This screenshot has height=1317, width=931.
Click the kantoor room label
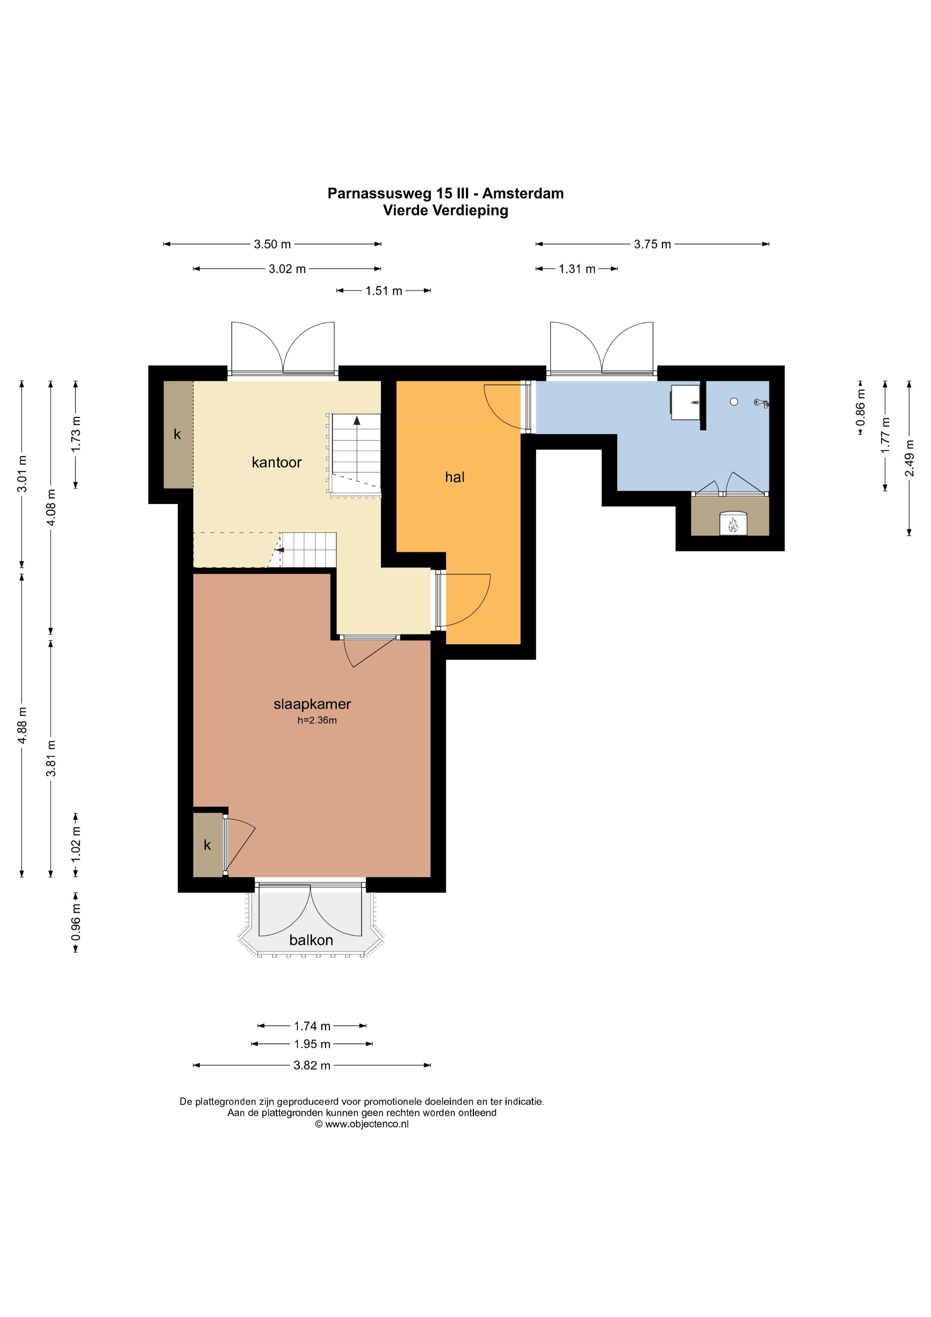click(276, 462)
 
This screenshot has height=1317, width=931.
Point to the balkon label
click(311, 940)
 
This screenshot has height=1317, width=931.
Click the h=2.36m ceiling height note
click(317, 721)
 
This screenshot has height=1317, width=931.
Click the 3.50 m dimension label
click(273, 244)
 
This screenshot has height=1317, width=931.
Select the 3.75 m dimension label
click(652, 244)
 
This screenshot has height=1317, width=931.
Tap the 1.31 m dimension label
click(577, 269)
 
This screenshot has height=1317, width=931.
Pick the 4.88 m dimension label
click(22, 725)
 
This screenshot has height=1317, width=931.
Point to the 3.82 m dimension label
click(312, 1065)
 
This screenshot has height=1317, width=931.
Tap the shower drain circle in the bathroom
click(734, 402)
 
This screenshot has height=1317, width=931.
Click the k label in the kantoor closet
click(177, 435)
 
